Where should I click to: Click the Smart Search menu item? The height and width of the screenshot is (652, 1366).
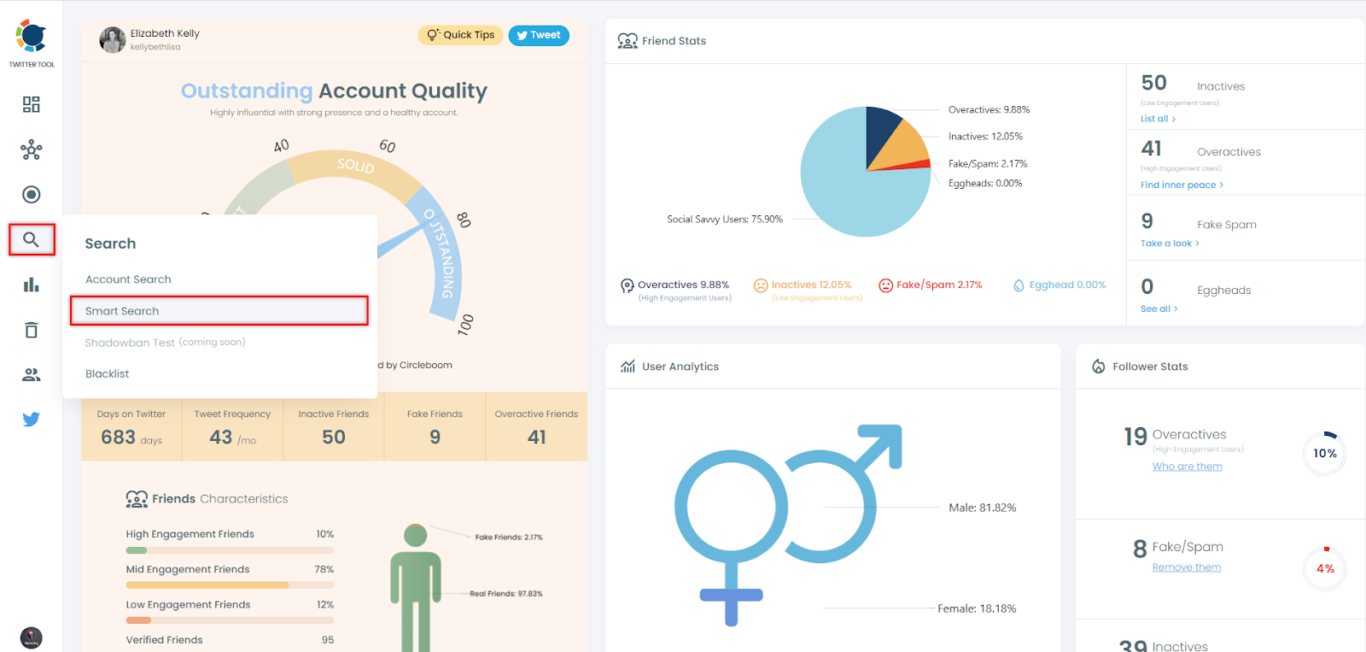pyautogui.click(x=122, y=311)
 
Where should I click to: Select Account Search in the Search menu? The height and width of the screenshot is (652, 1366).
pyautogui.click(x=128, y=279)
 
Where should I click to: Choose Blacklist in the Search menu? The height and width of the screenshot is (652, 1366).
pyautogui.click(x=108, y=373)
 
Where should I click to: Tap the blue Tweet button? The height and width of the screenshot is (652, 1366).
pyautogui.click(x=539, y=35)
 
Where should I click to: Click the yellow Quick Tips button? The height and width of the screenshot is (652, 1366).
pyautogui.click(x=460, y=35)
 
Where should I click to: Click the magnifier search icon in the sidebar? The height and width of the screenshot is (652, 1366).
pyautogui.click(x=32, y=240)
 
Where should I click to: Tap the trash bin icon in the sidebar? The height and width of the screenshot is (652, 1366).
pyautogui.click(x=32, y=330)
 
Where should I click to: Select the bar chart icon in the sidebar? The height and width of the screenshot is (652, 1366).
pyautogui.click(x=32, y=285)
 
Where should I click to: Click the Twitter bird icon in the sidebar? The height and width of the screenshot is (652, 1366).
pyautogui.click(x=32, y=420)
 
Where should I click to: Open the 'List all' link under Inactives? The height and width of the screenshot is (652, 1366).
pyautogui.click(x=1158, y=119)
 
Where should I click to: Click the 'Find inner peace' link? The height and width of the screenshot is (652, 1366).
pyautogui.click(x=1182, y=185)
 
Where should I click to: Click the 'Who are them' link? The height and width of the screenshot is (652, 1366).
pyautogui.click(x=1187, y=467)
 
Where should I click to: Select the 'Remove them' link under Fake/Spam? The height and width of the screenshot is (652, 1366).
pyautogui.click(x=1186, y=567)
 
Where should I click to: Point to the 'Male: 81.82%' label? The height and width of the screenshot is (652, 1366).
pyautogui.click(x=982, y=508)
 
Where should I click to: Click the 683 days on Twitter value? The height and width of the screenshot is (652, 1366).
pyautogui.click(x=119, y=438)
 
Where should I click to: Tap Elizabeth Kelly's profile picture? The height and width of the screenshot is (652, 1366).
pyautogui.click(x=112, y=39)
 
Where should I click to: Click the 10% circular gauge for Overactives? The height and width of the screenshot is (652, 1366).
pyautogui.click(x=1325, y=454)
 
